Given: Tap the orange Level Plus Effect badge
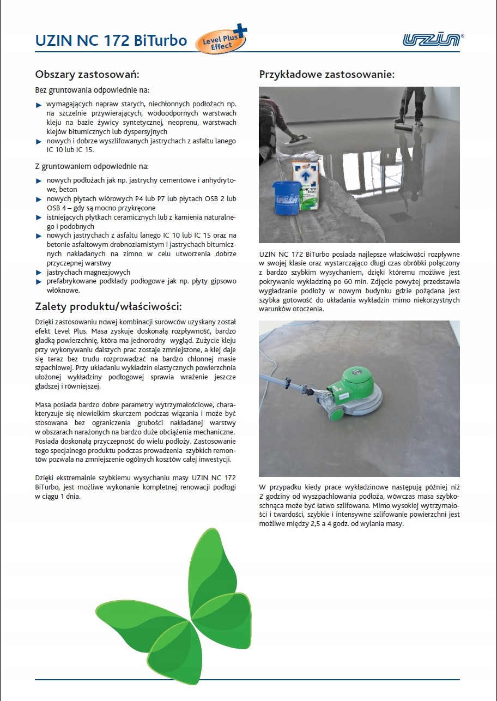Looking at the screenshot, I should pyautogui.click(x=221, y=41).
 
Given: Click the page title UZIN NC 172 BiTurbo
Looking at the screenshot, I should pyautogui.click(x=111, y=41).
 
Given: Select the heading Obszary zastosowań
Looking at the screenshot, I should pyautogui.click(x=88, y=74).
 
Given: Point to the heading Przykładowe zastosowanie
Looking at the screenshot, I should pyautogui.click(x=326, y=74).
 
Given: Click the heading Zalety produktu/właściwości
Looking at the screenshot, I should pyautogui.click(x=108, y=305).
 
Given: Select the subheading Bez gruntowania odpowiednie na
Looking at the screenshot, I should pyautogui.click(x=92, y=90).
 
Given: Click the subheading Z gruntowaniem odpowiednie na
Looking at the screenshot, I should pyautogui.click(x=92, y=166).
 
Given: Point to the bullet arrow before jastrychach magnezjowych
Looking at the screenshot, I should pyautogui.click(x=39, y=272).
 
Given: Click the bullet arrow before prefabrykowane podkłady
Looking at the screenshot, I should pyautogui.click(x=39, y=282).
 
